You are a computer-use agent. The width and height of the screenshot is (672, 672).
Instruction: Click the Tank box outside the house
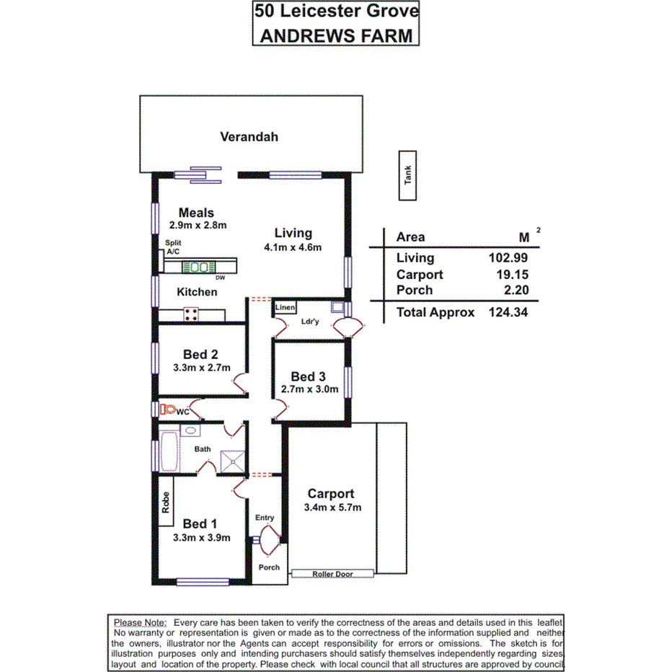[x=408, y=175]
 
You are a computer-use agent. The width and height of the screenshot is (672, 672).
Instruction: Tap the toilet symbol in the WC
[x=168, y=409]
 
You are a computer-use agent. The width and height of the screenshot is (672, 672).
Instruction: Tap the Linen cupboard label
[x=285, y=308]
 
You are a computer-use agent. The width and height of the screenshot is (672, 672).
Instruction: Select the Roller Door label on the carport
[x=332, y=574]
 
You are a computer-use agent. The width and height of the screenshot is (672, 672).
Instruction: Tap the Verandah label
[x=249, y=136]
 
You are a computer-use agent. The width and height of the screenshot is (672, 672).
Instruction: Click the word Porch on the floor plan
[x=269, y=567]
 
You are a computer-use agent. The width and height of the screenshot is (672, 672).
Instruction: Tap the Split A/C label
[x=173, y=248]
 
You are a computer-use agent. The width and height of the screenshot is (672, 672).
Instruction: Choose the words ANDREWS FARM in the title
[x=336, y=35]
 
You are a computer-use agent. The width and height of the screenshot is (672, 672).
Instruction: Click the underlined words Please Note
[x=140, y=622]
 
